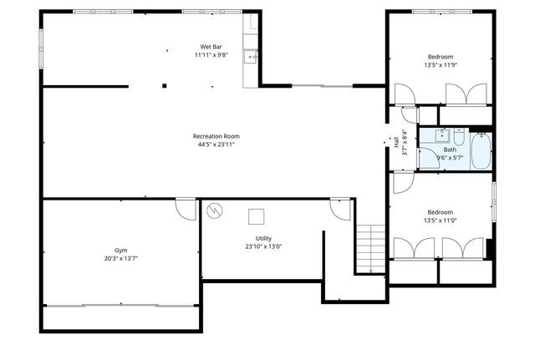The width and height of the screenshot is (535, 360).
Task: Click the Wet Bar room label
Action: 211,46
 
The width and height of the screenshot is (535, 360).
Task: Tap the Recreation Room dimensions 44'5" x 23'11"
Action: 216,145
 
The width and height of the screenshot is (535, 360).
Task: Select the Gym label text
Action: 121,251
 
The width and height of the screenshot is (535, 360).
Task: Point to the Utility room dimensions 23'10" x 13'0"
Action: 263,246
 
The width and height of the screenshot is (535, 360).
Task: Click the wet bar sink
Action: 250,57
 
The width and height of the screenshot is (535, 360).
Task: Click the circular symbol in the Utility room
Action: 216,210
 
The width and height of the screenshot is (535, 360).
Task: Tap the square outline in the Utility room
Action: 257,216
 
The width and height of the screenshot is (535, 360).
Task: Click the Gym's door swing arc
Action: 186,209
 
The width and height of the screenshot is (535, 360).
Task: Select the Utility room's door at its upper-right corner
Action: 340,207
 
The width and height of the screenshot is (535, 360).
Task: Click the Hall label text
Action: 396,144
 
